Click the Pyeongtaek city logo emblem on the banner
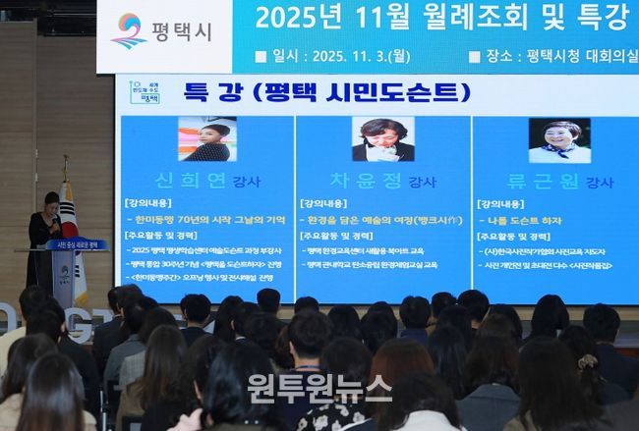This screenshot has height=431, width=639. coord(129,31)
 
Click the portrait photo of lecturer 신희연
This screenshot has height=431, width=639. coord(206,139)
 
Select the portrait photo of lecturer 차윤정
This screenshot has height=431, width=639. coord(382,139)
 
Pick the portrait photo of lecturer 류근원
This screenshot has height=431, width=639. coord(558,140)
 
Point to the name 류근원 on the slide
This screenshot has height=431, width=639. coord(545,181)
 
